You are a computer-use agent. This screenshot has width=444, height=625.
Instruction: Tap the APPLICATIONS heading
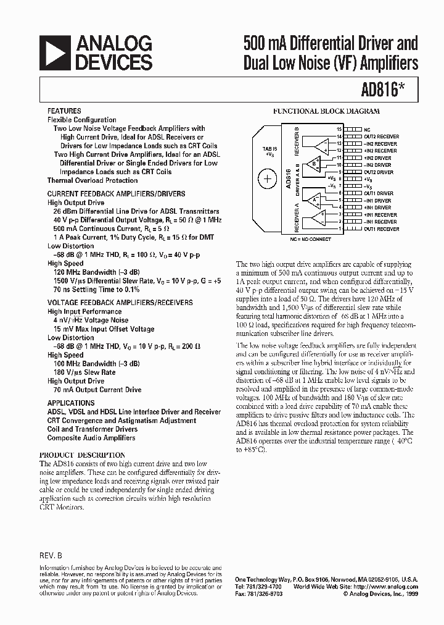(x=71, y=403)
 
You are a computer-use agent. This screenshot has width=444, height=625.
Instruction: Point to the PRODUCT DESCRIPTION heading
(x=82, y=455)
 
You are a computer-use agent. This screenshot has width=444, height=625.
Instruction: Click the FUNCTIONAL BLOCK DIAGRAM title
(x=326, y=112)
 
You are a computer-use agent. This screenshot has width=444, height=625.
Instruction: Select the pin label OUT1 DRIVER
(x=377, y=193)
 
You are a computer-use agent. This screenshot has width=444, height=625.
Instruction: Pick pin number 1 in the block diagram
(x=339, y=229)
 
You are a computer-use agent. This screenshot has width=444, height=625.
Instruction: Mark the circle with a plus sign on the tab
(x=268, y=180)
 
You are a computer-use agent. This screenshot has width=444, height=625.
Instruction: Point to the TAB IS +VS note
(x=269, y=153)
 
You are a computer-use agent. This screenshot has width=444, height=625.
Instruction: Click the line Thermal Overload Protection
(x=92, y=180)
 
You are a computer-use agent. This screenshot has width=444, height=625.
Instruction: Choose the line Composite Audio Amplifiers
(x=91, y=438)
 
